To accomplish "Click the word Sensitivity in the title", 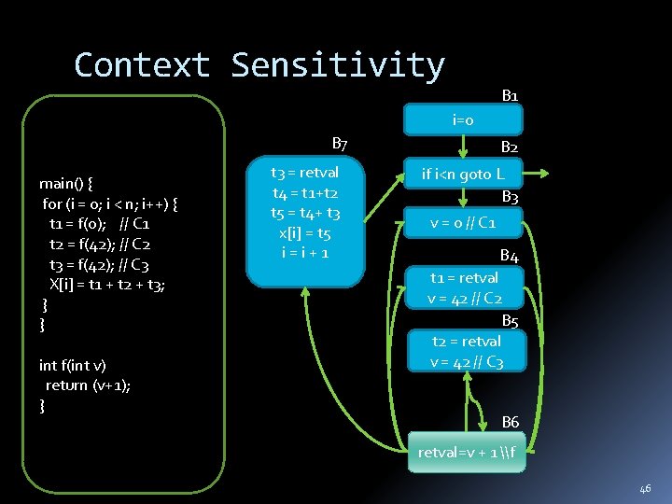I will [338, 65].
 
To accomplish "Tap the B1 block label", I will [511, 95].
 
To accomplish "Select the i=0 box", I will [463, 120].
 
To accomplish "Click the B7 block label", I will [340, 144].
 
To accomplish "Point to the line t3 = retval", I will [304, 173].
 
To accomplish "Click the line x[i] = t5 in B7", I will [304, 233].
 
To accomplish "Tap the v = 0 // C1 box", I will [463, 223].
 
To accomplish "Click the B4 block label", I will [509, 255].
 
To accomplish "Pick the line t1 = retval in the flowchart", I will [464, 277].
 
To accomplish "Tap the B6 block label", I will [511, 423].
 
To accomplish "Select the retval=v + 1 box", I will [466, 453].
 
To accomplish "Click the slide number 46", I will [645, 488].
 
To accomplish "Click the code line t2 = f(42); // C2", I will [100, 245].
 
